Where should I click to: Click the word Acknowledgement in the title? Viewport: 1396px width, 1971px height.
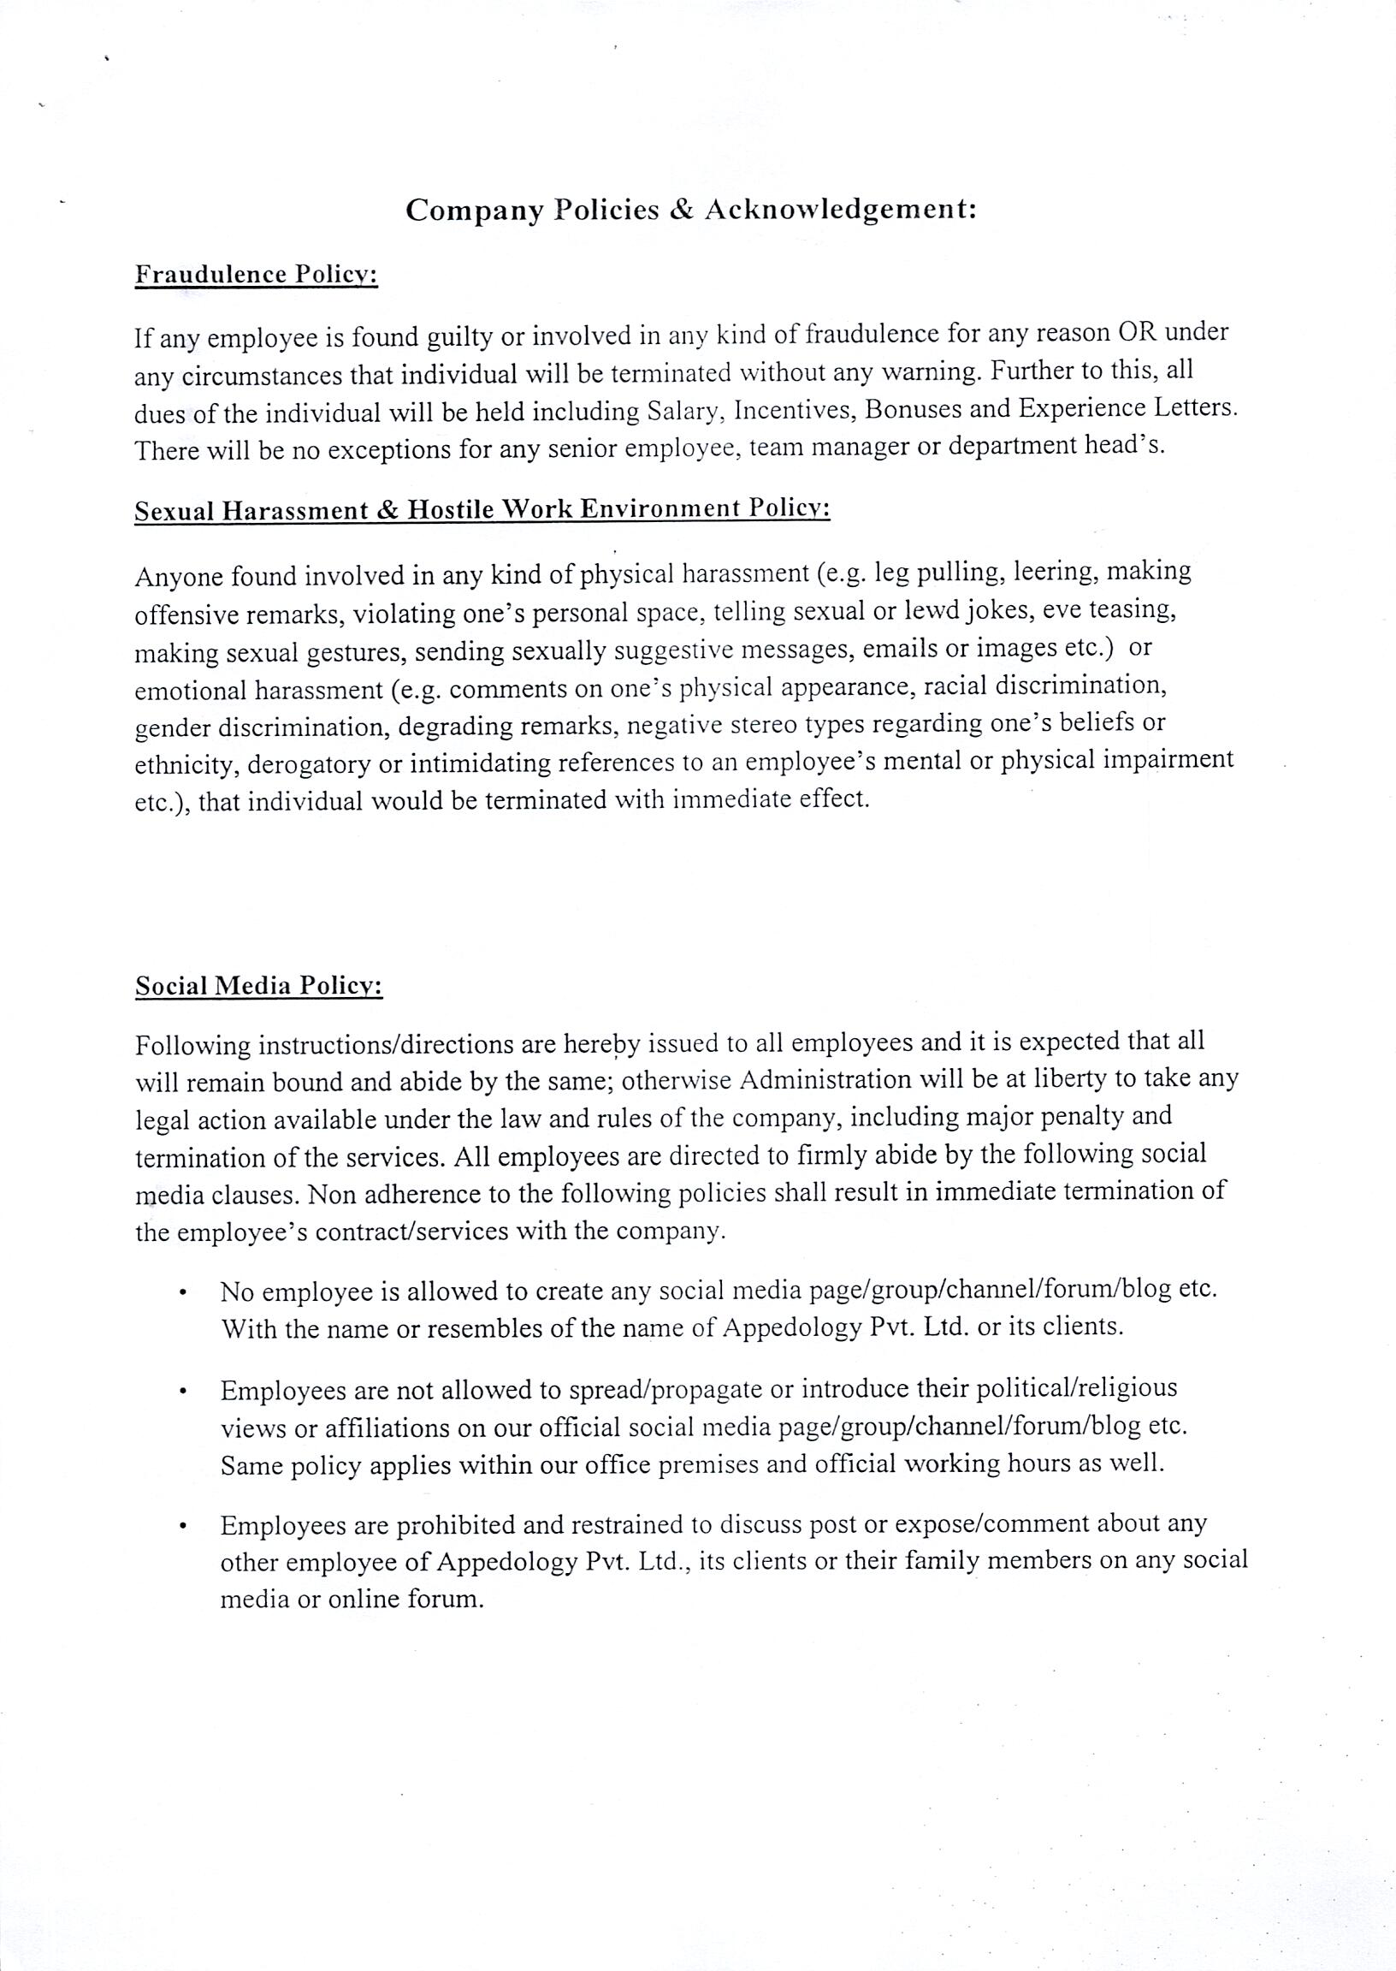pyautogui.click(x=840, y=211)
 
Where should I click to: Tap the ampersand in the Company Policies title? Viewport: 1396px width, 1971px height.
pyautogui.click(x=680, y=211)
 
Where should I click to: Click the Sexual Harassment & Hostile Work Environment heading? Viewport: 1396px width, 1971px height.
pyautogui.click(x=482, y=510)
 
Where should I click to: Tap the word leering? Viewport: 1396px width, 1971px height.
pyautogui.click(x=1057, y=572)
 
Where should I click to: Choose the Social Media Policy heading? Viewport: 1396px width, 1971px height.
pyautogui.click(x=258, y=987)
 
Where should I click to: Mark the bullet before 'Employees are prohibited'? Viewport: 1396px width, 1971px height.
pyautogui.click(x=183, y=1528)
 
